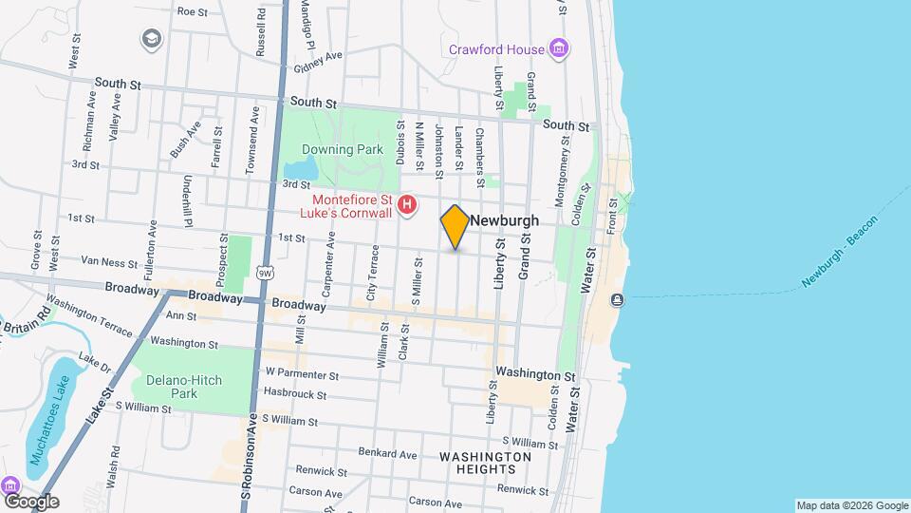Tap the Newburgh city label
pyautogui.click(x=505, y=220)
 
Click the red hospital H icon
pyautogui.click(x=407, y=204)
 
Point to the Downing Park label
pyautogui.click(x=342, y=149)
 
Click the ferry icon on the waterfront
pyautogui.click(x=618, y=300)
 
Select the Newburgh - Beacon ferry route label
pyautogui.click(x=840, y=252)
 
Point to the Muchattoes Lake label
pyautogui.click(x=50, y=417)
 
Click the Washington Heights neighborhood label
pyautogui.click(x=485, y=464)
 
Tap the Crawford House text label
pyautogui.click(x=497, y=49)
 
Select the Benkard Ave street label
pyautogui.click(x=389, y=454)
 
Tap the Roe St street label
pyautogui.click(x=192, y=11)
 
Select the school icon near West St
pyautogui.click(x=150, y=39)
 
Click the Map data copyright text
pyautogui.click(x=851, y=505)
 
